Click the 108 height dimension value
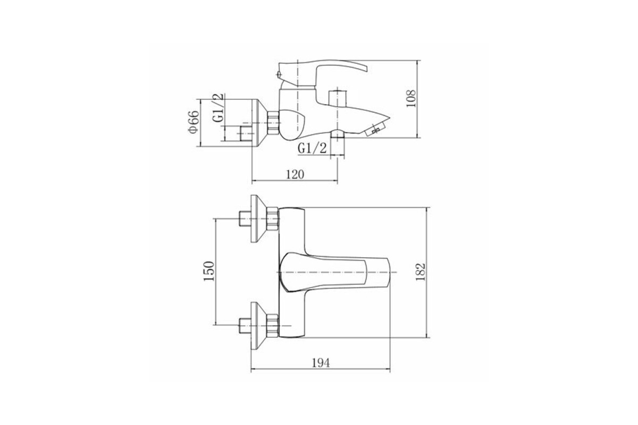(411, 98)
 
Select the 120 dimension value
(295, 174)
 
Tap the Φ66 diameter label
(194, 122)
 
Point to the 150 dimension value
(209, 271)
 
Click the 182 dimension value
(420, 272)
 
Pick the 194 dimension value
(321, 363)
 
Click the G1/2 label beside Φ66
(219, 108)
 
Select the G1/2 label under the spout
(312, 148)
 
